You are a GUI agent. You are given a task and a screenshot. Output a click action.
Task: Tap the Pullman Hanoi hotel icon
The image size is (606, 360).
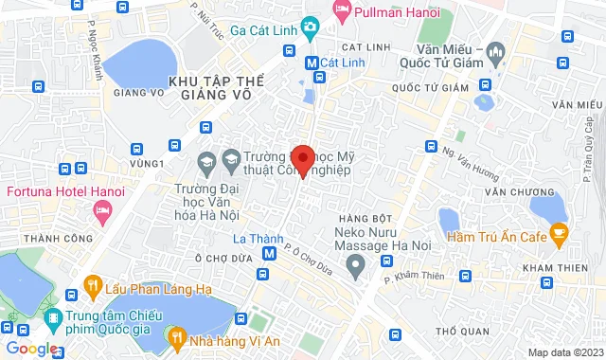tap(342, 12)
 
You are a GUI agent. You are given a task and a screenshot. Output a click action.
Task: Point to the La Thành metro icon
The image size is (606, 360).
tap(270, 254)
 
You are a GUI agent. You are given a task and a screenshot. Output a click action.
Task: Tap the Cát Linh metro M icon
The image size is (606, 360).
tap(311, 63)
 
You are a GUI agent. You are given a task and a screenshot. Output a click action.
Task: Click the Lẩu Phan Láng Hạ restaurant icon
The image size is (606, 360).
tap(92, 283)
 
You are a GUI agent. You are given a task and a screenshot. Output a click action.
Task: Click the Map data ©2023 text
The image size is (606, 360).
tap(564, 352)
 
